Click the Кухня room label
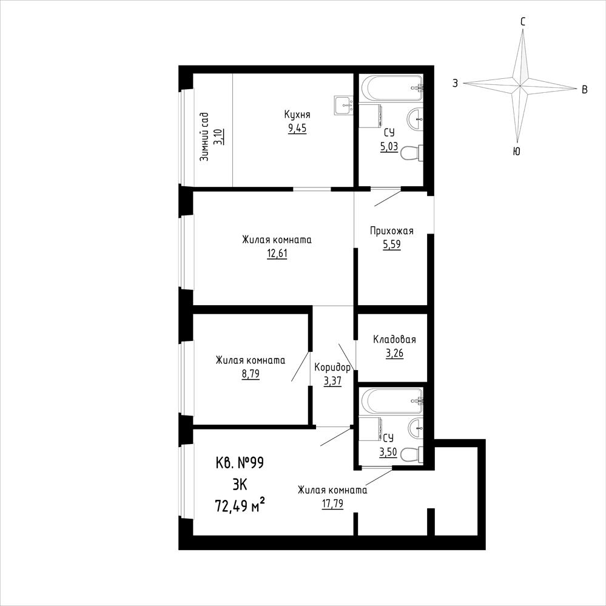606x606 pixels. coord(297,115)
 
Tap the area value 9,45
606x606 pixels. coord(297,129)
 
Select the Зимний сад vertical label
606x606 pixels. coord(204,137)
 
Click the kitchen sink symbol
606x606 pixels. coord(344,105)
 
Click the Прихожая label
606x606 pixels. coord(391,231)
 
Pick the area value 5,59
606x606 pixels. coord(391,244)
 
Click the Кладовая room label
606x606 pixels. coord(394,340)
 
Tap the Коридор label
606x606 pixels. coord(332,367)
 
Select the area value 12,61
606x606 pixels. coord(277,254)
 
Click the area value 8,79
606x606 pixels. coord(250,374)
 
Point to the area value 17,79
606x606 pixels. coord(332,504)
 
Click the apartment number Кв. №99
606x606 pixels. coord(240,463)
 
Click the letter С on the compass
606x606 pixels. coord(522,22)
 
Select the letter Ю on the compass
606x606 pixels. coord(516,152)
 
